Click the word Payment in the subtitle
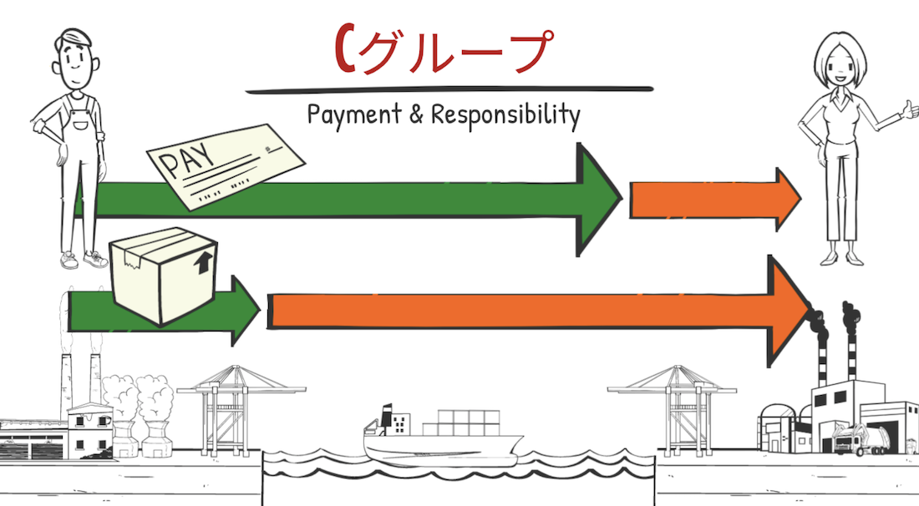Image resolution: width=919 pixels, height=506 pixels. pyautogui.click(x=354, y=114)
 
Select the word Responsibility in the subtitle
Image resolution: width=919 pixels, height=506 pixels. pyautogui.click(x=505, y=115)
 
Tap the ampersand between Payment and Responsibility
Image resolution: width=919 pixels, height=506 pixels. pyautogui.click(x=416, y=114)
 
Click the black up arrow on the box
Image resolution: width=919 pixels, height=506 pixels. pyautogui.click(x=203, y=263)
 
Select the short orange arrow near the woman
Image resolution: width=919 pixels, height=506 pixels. pyautogui.click(x=715, y=199)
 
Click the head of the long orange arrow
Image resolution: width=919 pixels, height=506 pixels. pyautogui.click(x=789, y=311)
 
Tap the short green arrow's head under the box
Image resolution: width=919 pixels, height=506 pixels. pyautogui.click(x=246, y=310)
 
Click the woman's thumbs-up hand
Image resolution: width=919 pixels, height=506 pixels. pyautogui.click(x=909, y=110)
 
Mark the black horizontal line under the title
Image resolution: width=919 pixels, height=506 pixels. pyautogui.click(x=449, y=89)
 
